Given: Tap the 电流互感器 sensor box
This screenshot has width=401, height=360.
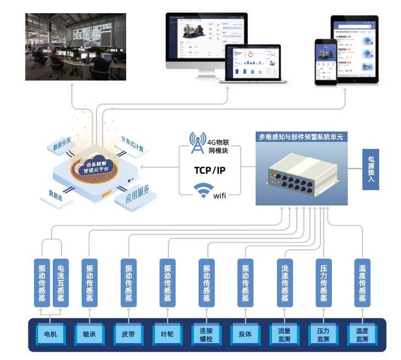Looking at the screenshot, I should (x=60, y=283).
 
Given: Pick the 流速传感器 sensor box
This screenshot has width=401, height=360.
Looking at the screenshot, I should (x=285, y=283).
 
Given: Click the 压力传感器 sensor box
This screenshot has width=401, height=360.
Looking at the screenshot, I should (x=324, y=283).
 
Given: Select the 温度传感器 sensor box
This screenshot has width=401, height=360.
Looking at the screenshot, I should (x=362, y=283).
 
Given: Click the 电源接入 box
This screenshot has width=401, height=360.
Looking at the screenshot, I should (x=370, y=169).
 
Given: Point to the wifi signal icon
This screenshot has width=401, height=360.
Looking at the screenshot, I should (x=204, y=191).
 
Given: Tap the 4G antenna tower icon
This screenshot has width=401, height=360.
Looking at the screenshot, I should (x=196, y=142).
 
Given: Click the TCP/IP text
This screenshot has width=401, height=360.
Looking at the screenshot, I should (x=210, y=170).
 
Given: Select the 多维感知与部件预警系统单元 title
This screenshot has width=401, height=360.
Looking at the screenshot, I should (x=301, y=137).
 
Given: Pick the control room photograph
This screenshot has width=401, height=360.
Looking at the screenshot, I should (x=76, y=47).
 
